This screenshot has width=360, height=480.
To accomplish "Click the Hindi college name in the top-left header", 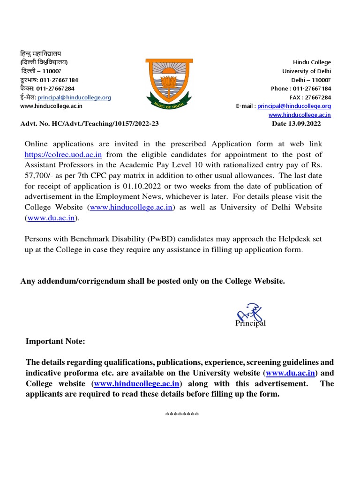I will [41, 53].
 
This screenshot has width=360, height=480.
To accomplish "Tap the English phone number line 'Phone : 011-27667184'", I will [300, 89].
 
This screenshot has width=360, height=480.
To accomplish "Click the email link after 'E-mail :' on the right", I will [294, 106].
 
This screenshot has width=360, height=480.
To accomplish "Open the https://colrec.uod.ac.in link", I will [63, 154].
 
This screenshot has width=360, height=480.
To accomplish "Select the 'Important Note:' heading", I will [55, 342].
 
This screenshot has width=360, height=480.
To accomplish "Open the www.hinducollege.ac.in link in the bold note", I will [137, 384].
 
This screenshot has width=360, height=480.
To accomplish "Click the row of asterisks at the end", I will [182, 414].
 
